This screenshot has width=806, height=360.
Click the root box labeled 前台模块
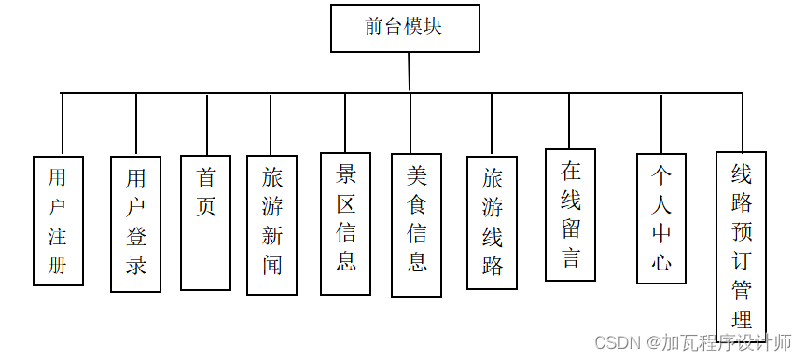405,28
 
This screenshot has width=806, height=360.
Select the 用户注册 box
58,220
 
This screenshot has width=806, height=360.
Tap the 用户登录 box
136,223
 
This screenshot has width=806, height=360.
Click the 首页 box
205,222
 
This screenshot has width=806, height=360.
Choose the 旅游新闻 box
271,224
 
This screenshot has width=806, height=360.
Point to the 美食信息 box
416,224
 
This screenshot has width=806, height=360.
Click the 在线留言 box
571,215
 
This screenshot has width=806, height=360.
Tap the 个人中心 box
660,217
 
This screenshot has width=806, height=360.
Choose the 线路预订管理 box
741,242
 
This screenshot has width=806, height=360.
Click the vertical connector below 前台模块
410,72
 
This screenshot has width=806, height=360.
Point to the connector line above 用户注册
62,124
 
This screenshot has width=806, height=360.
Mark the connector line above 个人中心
661,122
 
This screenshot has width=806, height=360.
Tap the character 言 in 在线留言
571,258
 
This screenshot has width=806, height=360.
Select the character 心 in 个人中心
660,261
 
